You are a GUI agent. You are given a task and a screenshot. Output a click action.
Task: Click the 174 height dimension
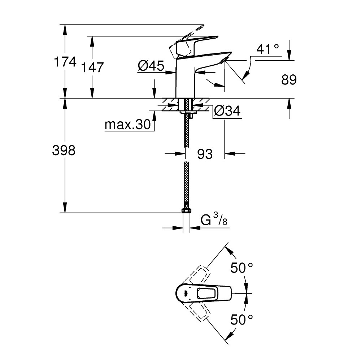65,62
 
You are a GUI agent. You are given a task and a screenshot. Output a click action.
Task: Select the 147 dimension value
93,67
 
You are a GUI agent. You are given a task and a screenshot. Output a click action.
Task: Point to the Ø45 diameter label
151,66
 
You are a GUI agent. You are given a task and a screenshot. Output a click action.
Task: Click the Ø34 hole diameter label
227,111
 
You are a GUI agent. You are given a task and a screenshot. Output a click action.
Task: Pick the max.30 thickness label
127,125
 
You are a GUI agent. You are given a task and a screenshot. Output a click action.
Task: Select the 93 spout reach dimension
205,154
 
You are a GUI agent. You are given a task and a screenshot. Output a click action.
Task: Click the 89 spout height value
289,80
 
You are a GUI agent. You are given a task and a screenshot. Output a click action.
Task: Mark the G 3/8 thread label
214,221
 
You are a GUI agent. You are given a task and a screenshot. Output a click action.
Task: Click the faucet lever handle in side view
195,43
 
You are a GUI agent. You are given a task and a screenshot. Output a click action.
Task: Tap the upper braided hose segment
186,130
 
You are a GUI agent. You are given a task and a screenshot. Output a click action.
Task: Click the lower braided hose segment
186,184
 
